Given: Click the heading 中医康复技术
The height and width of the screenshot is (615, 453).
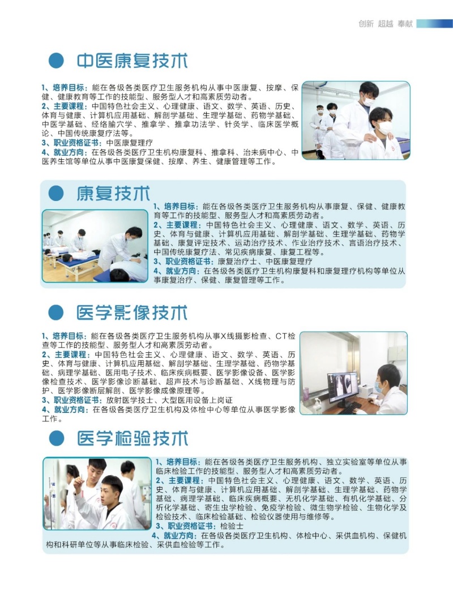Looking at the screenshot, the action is click(x=132, y=61).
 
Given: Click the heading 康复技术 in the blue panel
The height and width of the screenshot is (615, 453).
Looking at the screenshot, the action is click(x=113, y=194).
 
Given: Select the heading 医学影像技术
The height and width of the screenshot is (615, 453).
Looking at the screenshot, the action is click(x=132, y=313).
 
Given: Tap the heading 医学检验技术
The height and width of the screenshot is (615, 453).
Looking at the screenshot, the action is click(x=133, y=438).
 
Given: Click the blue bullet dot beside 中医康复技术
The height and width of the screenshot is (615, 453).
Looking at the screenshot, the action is click(x=56, y=61).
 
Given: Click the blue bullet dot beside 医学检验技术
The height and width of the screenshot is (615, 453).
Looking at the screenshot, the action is click(x=57, y=438).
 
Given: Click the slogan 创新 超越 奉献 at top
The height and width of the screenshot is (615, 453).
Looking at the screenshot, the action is click(x=386, y=24).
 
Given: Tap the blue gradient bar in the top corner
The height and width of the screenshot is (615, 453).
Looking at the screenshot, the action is click(x=434, y=24).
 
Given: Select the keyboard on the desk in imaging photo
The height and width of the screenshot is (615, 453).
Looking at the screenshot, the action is click(x=349, y=408).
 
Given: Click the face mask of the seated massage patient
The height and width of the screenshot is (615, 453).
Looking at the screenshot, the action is click(x=384, y=127).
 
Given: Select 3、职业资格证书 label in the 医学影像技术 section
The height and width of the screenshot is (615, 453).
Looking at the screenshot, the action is click(x=72, y=400).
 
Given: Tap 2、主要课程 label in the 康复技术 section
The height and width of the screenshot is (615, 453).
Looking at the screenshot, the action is click(x=177, y=225).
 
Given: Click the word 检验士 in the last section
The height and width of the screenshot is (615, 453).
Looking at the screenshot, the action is click(x=232, y=526).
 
